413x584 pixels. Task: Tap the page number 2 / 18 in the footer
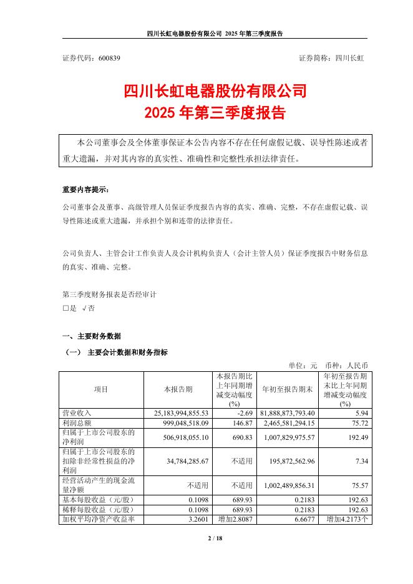pyautogui.click(x=206, y=538)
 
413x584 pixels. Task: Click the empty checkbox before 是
pyautogui.click(x=66, y=308)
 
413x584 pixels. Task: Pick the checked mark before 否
pyautogui.click(x=84, y=308)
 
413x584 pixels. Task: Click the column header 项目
pyautogui.click(x=101, y=389)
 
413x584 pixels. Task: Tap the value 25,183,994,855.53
pyautogui.click(x=180, y=412)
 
